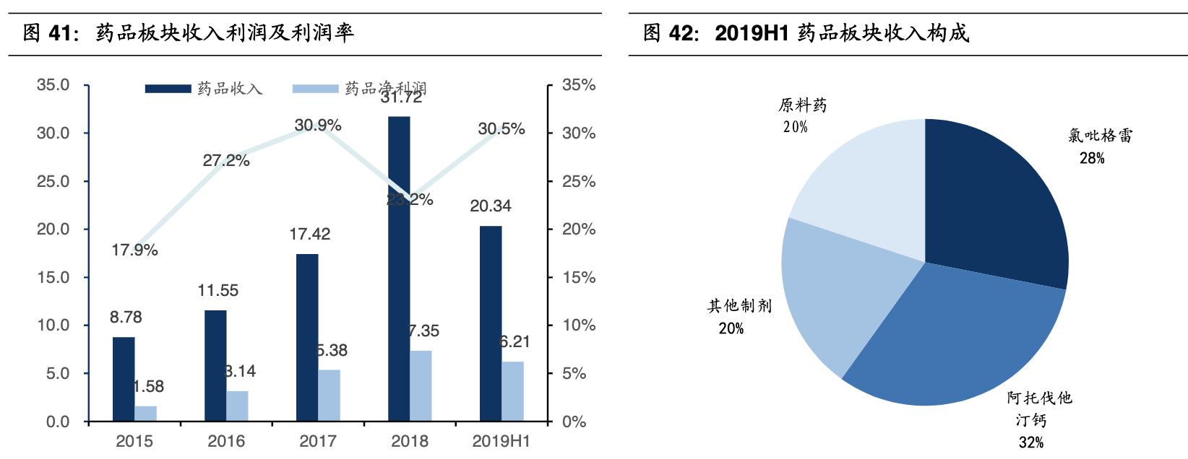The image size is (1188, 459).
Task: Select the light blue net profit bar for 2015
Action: (x=145, y=414)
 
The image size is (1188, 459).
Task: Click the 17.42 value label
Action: (x=309, y=234)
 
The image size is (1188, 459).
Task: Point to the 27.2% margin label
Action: (x=226, y=161)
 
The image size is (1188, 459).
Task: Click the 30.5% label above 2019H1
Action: (x=502, y=129)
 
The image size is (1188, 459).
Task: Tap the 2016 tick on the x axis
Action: (x=226, y=441)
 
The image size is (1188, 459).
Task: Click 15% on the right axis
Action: (x=579, y=277)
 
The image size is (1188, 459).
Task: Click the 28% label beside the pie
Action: (x=1092, y=158)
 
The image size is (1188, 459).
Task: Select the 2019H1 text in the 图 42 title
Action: (x=751, y=32)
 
